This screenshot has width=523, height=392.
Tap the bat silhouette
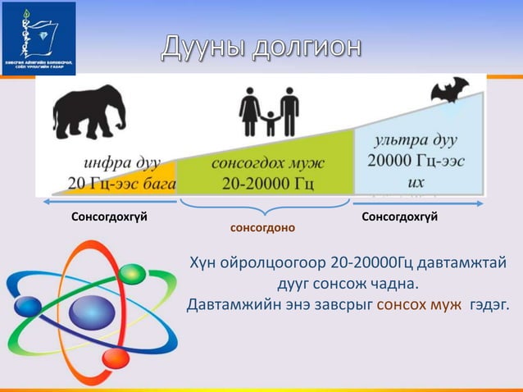[x=450, y=89]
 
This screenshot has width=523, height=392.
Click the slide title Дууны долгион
[x=260, y=47]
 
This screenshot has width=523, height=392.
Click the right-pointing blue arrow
[x=417, y=200]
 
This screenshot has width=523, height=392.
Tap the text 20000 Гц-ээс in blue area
[x=417, y=161]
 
